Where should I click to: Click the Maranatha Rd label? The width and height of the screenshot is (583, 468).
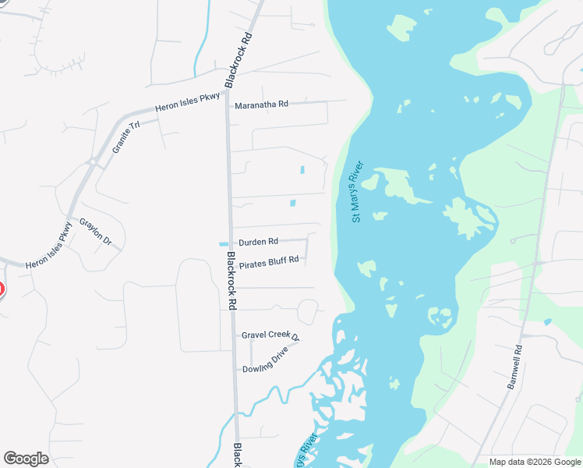tap(262, 104)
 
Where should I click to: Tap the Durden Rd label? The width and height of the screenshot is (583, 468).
tap(259, 242)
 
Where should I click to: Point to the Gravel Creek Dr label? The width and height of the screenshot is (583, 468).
tap(270, 335)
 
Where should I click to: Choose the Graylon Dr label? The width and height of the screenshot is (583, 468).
tap(96, 232)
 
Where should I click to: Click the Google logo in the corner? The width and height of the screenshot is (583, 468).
tap(26, 459)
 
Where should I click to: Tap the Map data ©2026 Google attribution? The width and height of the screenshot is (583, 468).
tap(535, 462)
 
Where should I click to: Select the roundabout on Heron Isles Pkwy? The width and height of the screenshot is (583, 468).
tap(93, 162)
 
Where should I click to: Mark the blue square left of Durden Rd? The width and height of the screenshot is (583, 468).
tap(224, 244)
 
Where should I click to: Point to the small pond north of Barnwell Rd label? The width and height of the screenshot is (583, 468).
tap(548, 321)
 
